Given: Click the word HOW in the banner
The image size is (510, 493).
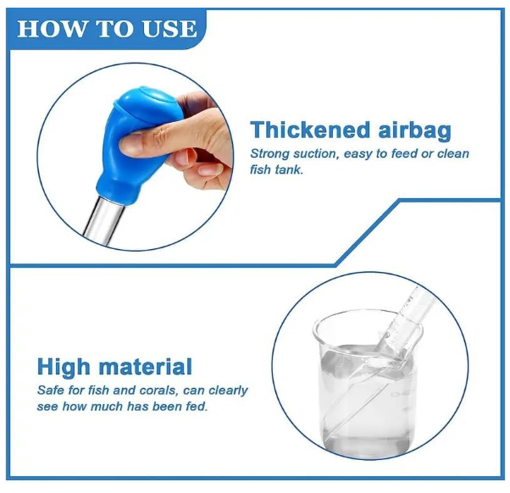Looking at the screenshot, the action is click(52, 29).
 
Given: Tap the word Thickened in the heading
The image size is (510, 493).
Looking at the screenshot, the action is click(310, 130).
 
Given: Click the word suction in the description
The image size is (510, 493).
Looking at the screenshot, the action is click(315, 153).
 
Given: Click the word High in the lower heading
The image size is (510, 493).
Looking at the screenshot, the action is click(64, 368).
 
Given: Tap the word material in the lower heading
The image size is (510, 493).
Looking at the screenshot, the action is click(146, 367).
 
